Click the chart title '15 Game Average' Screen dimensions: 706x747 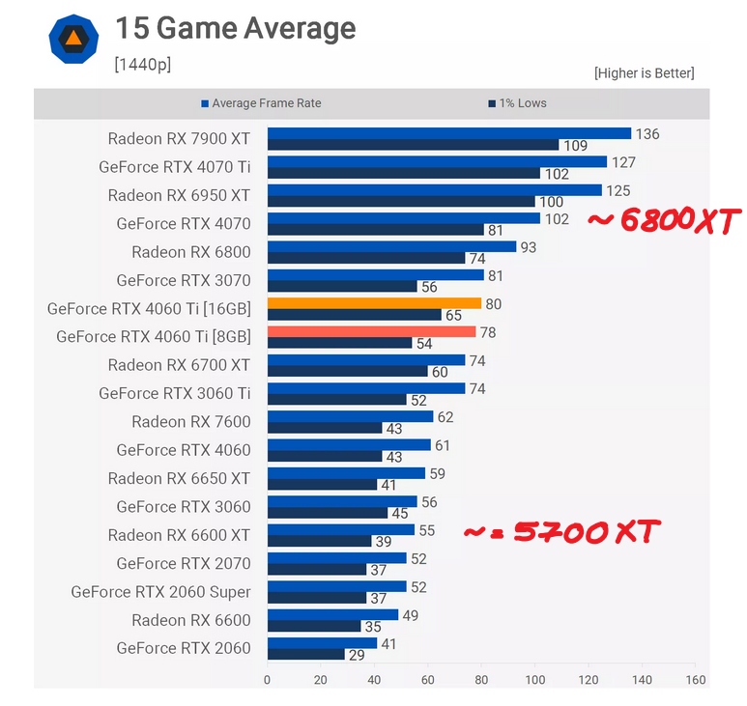235,29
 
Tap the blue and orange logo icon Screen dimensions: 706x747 73,39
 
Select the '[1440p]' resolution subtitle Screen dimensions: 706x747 142,65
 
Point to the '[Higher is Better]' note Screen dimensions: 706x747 644,73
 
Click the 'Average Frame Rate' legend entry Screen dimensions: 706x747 261,103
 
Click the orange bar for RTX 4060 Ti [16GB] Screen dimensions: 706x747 374,303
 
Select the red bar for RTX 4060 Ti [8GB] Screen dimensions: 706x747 371,331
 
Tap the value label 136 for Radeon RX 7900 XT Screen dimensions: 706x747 647,134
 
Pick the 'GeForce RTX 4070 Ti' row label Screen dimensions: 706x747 174,167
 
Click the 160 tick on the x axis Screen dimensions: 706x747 696,680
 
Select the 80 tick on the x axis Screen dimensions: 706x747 481,680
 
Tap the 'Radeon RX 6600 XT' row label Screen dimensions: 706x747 179,535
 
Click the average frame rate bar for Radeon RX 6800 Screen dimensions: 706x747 391,246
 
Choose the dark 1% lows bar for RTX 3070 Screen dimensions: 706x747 342,287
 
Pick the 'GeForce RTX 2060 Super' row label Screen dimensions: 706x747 160,592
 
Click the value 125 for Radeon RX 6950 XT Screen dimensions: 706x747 618,190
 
